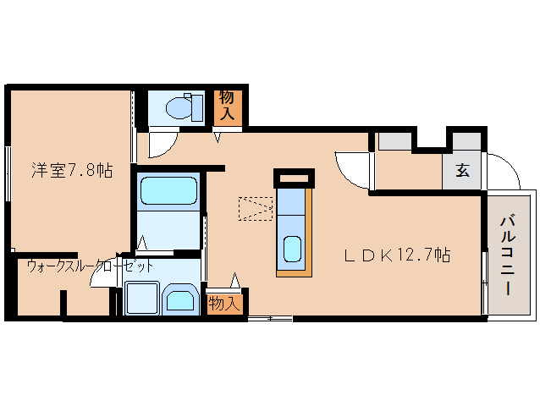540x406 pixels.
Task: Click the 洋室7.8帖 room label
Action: [72, 170]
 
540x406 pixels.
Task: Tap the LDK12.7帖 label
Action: [397, 255]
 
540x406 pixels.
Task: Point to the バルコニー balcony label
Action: [508, 255]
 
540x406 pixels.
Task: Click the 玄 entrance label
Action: [462, 170]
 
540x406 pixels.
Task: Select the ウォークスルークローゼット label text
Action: [90, 266]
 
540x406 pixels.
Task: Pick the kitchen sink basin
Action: [292, 250]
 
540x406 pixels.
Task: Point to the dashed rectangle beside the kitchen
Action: [256, 209]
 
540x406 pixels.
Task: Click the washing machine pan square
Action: [142, 299]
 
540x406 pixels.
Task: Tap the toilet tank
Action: [197, 108]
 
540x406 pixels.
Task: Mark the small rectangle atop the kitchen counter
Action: [294, 178]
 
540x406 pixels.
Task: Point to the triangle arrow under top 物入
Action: [218, 137]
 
